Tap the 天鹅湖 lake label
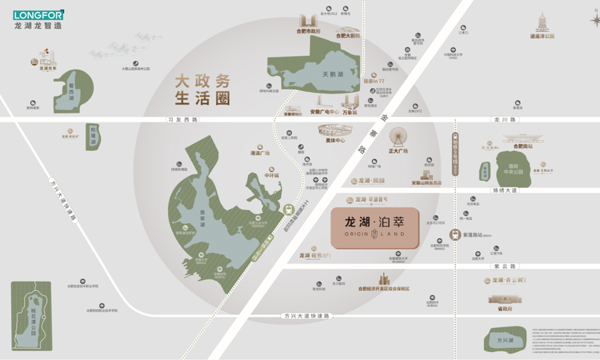click(x=332, y=74)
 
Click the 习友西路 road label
click(x=182, y=120)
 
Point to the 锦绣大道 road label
click(x=506, y=190)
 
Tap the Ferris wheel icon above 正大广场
click(x=398, y=133)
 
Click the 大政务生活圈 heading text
click(x=202, y=90)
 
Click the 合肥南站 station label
click(x=525, y=147)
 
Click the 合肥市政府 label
click(x=307, y=31)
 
